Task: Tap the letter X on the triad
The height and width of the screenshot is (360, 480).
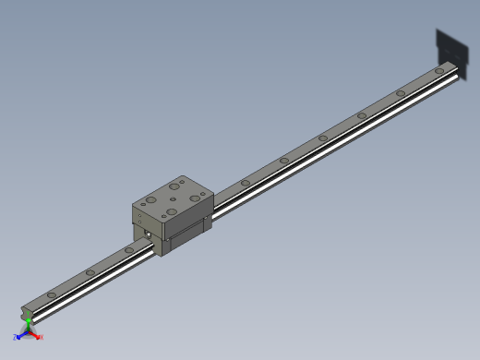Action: (x=41, y=337)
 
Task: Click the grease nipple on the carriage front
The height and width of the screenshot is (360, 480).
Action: (x=148, y=234)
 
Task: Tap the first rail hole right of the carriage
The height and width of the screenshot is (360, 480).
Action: (x=245, y=183)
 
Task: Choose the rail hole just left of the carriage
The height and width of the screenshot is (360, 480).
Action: (x=128, y=249)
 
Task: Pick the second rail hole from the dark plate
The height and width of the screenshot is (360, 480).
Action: (x=401, y=93)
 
